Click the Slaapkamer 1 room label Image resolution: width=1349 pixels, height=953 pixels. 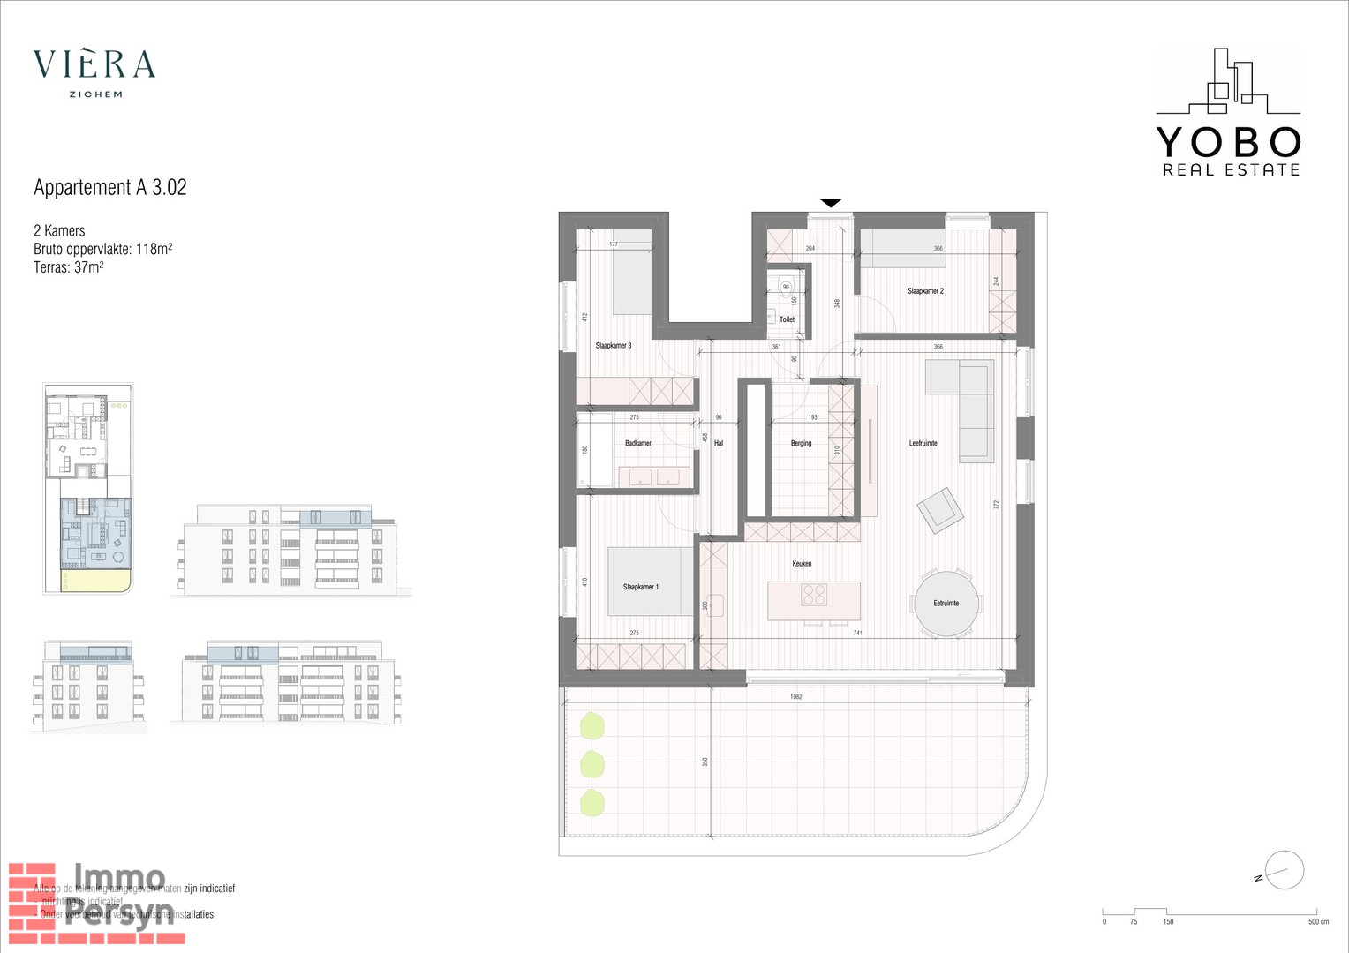(640, 587)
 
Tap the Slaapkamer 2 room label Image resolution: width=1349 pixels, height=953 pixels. (925, 291)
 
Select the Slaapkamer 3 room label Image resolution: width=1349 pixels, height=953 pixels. (614, 346)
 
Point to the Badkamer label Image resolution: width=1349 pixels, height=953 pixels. (638, 443)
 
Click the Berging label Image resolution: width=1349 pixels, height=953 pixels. (801, 443)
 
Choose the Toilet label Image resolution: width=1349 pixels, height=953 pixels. (787, 319)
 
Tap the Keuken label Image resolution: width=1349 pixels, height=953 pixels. (802, 563)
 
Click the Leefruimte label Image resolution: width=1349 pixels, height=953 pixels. (923, 443)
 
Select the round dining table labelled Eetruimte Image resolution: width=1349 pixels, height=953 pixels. (946, 603)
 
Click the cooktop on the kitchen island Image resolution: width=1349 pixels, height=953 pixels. (814, 595)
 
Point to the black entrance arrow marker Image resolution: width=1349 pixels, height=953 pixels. (831, 203)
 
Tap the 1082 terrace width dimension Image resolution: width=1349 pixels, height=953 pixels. (795, 697)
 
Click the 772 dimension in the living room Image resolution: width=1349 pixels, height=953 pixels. (996, 505)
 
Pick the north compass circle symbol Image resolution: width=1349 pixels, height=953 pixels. (1285, 871)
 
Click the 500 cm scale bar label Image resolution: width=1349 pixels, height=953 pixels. (1318, 922)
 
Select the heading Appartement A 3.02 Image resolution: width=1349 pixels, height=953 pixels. (110, 187)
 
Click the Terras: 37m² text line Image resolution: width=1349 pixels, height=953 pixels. (69, 266)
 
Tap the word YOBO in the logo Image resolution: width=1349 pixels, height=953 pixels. (1228, 142)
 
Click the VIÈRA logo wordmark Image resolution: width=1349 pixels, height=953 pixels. (94, 64)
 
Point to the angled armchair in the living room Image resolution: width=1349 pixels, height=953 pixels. (940, 510)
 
